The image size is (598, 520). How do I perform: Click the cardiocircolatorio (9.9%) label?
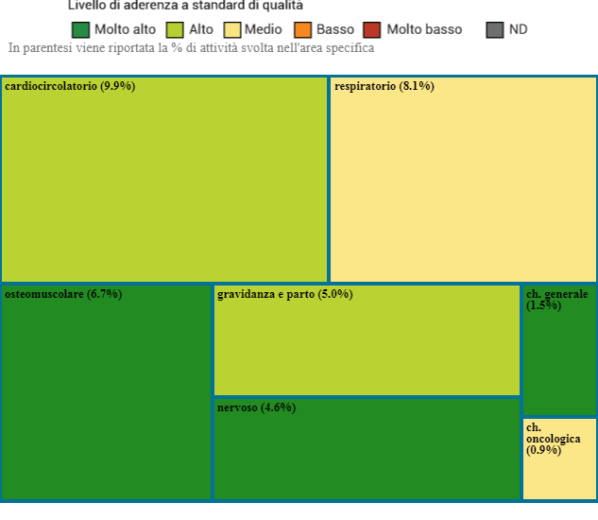coord(70,86)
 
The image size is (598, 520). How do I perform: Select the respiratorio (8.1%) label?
coord(384,86)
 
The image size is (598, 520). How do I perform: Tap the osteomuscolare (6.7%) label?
coord(63,294)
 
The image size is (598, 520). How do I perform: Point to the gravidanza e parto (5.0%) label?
coord(284,294)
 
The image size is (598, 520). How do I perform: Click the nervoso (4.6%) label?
coord(256,407)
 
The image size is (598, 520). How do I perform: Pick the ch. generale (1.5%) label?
coord(556,300)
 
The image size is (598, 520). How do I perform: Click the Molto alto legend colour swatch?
coord(80,29)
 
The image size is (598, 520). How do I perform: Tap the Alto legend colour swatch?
coord(175,29)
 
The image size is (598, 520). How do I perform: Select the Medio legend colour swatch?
coord(231,29)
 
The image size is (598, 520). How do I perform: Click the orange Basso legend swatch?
coord(303,29)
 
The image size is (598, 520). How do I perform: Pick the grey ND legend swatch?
coord(495,29)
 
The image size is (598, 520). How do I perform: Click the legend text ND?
coord(518,29)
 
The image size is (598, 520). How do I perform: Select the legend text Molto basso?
coord(424,29)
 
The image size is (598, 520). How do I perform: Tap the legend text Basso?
coord(335,29)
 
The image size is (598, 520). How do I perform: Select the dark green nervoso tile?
coord(367,454)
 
